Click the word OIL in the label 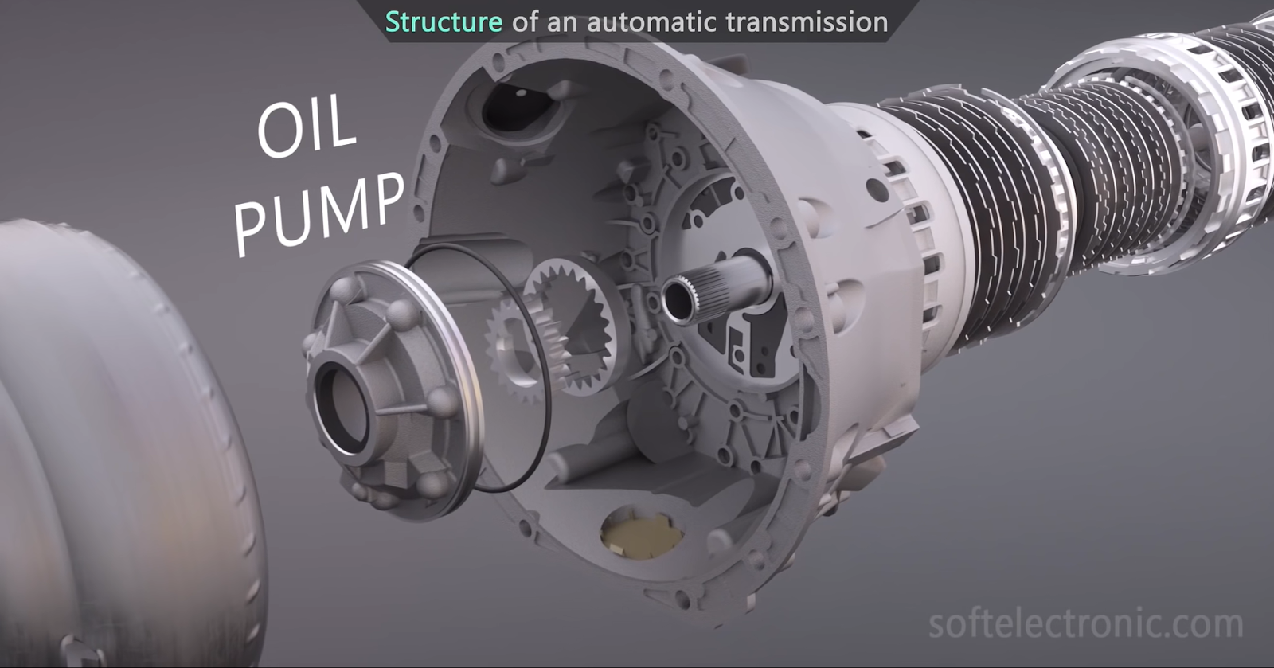(307, 127)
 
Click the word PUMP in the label (318, 212)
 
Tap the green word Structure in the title (444, 21)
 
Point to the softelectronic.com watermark (1084, 623)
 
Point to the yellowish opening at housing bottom (641, 533)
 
